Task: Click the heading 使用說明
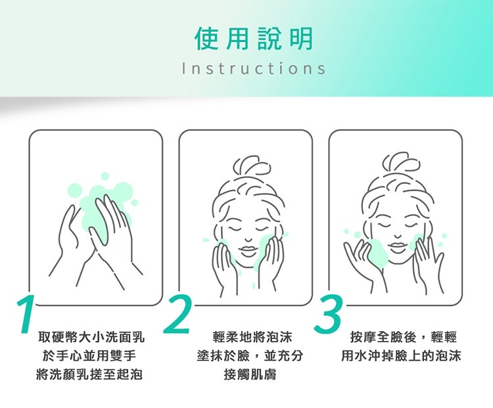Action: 254,39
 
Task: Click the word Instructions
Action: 254,68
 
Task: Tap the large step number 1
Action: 26,313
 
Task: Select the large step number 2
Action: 177,313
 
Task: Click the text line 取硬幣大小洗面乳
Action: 91,337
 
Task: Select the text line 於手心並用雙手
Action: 89,356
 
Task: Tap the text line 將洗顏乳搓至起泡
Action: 89,374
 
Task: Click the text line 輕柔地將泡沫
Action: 252,337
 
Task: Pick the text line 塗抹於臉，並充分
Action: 250,356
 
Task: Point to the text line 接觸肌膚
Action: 250,374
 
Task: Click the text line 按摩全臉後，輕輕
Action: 404,337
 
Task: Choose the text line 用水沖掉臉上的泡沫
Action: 401,356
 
